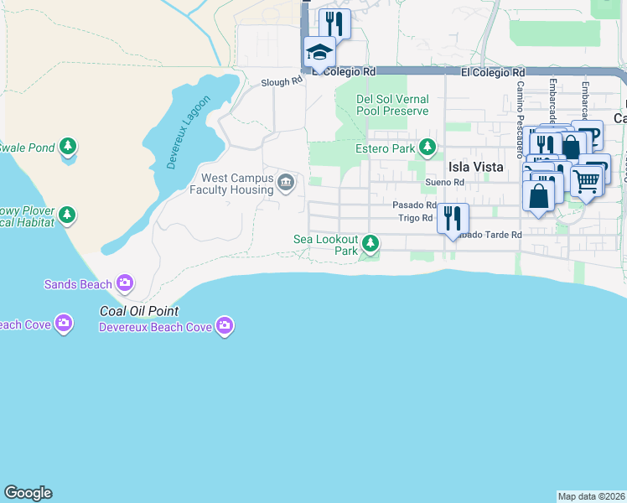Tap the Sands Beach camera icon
(x=126, y=283)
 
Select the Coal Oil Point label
(x=139, y=311)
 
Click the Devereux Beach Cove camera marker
(x=224, y=325)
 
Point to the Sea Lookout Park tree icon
(x=370, y=244)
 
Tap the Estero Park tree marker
(x=427, y=148)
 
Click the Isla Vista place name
(x=475, y=167)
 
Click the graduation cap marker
(x=319, y=53)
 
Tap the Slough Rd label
(x=281, y=82)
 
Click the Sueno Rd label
(x=443, y=182)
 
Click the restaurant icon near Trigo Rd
(x=453, y=219)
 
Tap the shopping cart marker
(x=586, y=179)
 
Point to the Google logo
(x=28, y=493)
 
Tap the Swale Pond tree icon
(x=68, y=148)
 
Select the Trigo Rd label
(x=415, y=218)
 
